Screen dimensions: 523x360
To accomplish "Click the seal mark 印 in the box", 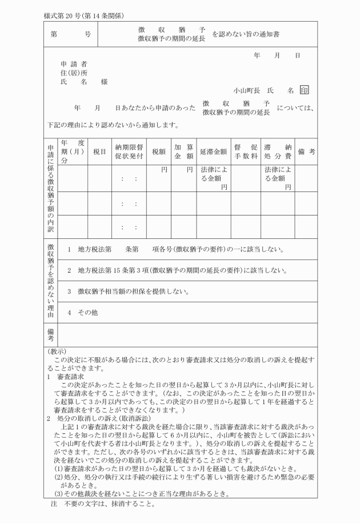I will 305,90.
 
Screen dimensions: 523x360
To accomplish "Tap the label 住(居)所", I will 74,73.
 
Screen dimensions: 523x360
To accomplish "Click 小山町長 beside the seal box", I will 247,90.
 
